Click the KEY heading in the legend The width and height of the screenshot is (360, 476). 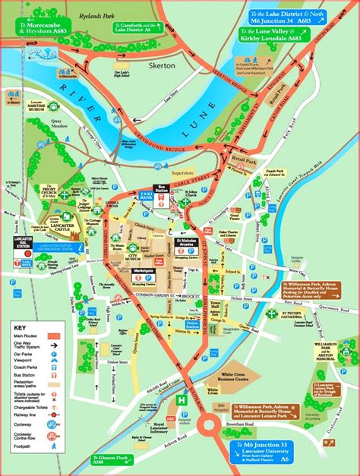pos(20,327)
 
